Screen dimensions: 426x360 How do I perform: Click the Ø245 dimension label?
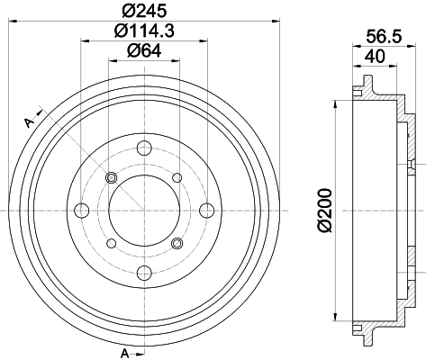click(x=144, y=11)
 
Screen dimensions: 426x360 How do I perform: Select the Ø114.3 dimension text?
click(x=144, y=31)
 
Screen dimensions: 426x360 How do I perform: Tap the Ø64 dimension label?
click(x=144, y=50)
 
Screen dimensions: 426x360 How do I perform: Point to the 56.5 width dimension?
click(x=384, y=37)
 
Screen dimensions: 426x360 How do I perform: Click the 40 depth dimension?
click(x=375, y=56)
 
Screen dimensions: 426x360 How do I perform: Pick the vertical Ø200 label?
click(x=325, y=210)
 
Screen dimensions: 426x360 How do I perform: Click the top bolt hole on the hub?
click(x=144, y=148)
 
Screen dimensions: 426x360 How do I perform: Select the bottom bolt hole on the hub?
click(x=144, y=273)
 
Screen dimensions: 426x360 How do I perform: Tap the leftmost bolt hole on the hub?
click(x=82, y=211)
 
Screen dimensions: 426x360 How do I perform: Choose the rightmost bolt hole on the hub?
click(x=207, y=211)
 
